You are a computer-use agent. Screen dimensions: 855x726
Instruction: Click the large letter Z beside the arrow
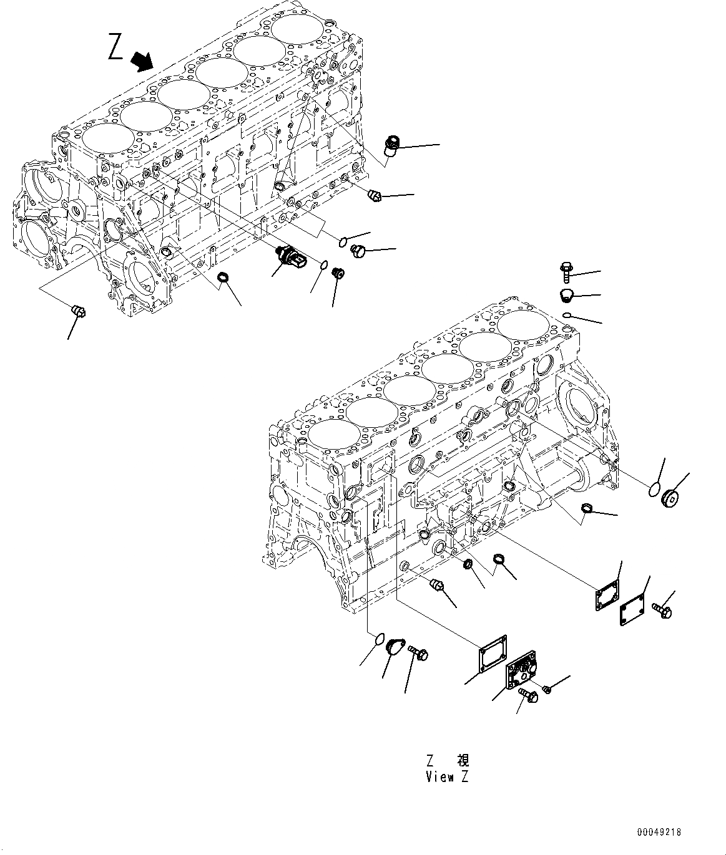point(116,48)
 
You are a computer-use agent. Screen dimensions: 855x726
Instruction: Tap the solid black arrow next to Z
point(142,62)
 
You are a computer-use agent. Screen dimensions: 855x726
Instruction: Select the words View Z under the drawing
point(446,776)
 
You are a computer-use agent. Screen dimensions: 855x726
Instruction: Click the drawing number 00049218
point(659,832)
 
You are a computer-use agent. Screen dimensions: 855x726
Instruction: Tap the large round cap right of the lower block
point(673,498)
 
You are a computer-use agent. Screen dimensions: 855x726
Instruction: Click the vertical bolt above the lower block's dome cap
point(566,273)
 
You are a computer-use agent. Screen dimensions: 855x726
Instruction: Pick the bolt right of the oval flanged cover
point(418,653)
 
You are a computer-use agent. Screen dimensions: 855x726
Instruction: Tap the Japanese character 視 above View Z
point(462,760)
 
